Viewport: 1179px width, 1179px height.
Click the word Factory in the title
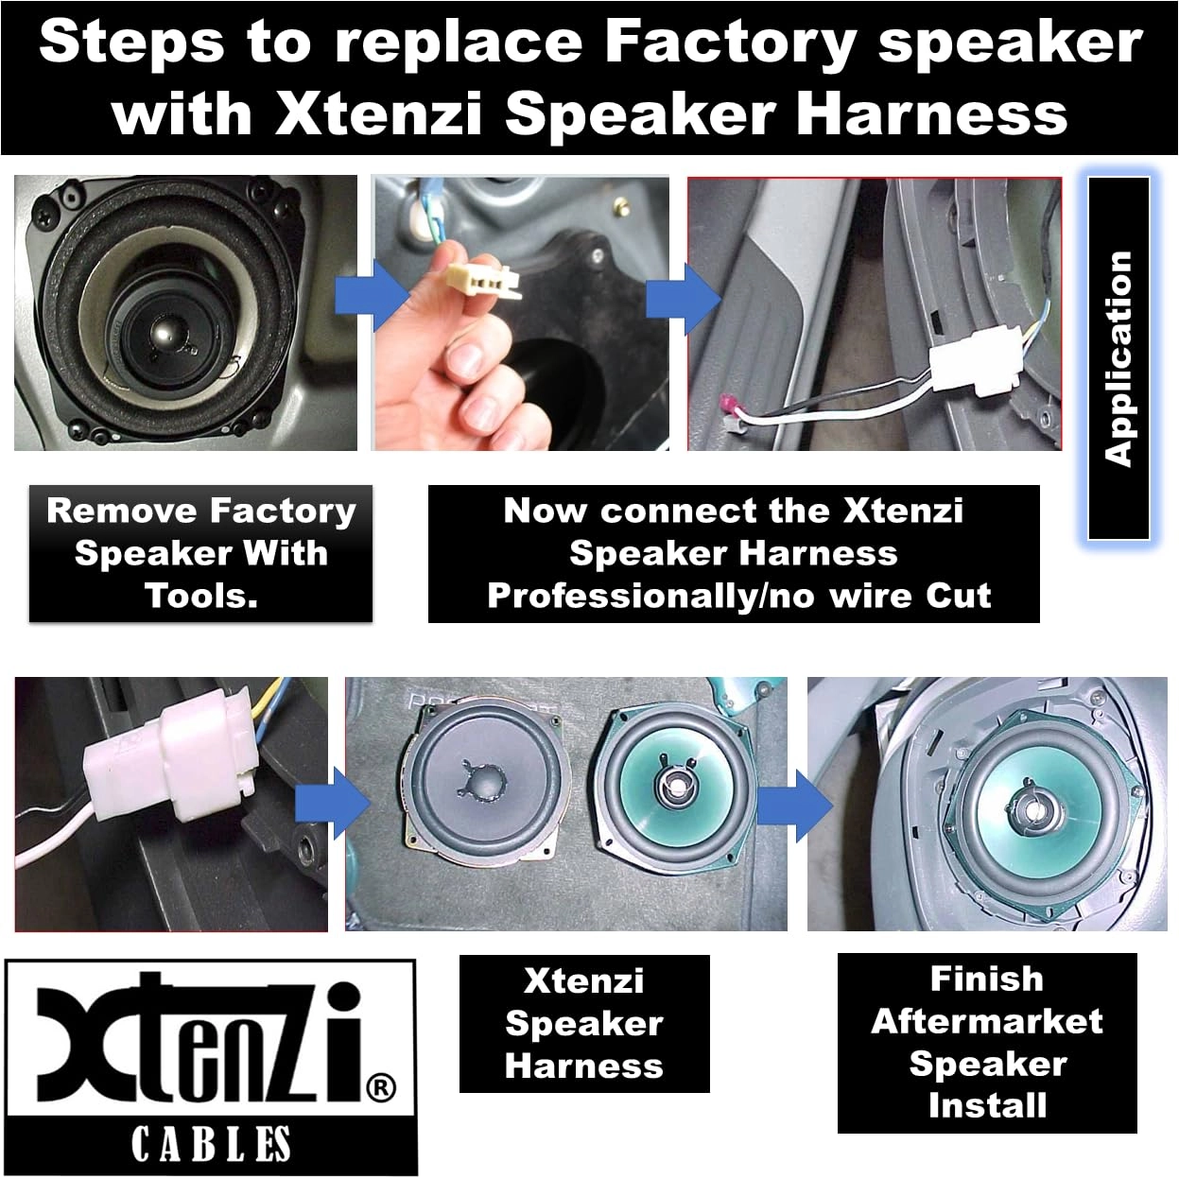tap(729, 43)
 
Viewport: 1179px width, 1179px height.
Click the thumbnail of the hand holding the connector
tap(520, 312)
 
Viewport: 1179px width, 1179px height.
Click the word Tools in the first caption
tap(200, 596)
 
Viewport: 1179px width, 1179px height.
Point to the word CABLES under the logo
tap(210, 1144)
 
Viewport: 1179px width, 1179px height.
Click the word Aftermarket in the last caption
tap(986, 1021)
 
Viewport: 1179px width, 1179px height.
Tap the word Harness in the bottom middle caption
tap(583, 1066)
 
